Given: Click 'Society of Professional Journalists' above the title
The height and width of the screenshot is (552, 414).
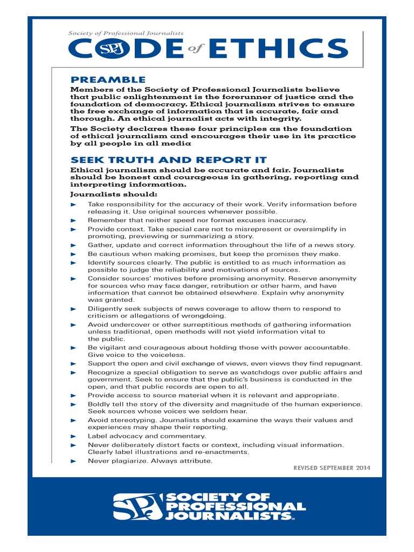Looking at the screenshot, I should [126, 33].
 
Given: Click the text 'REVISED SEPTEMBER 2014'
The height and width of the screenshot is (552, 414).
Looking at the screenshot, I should [332, 467].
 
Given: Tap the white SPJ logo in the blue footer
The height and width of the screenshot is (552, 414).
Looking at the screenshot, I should [137, 507].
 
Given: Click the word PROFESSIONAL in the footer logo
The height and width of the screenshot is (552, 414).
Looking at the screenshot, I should [236, 507].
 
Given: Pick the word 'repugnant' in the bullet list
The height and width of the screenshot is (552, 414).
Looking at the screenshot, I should [343, 363].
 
